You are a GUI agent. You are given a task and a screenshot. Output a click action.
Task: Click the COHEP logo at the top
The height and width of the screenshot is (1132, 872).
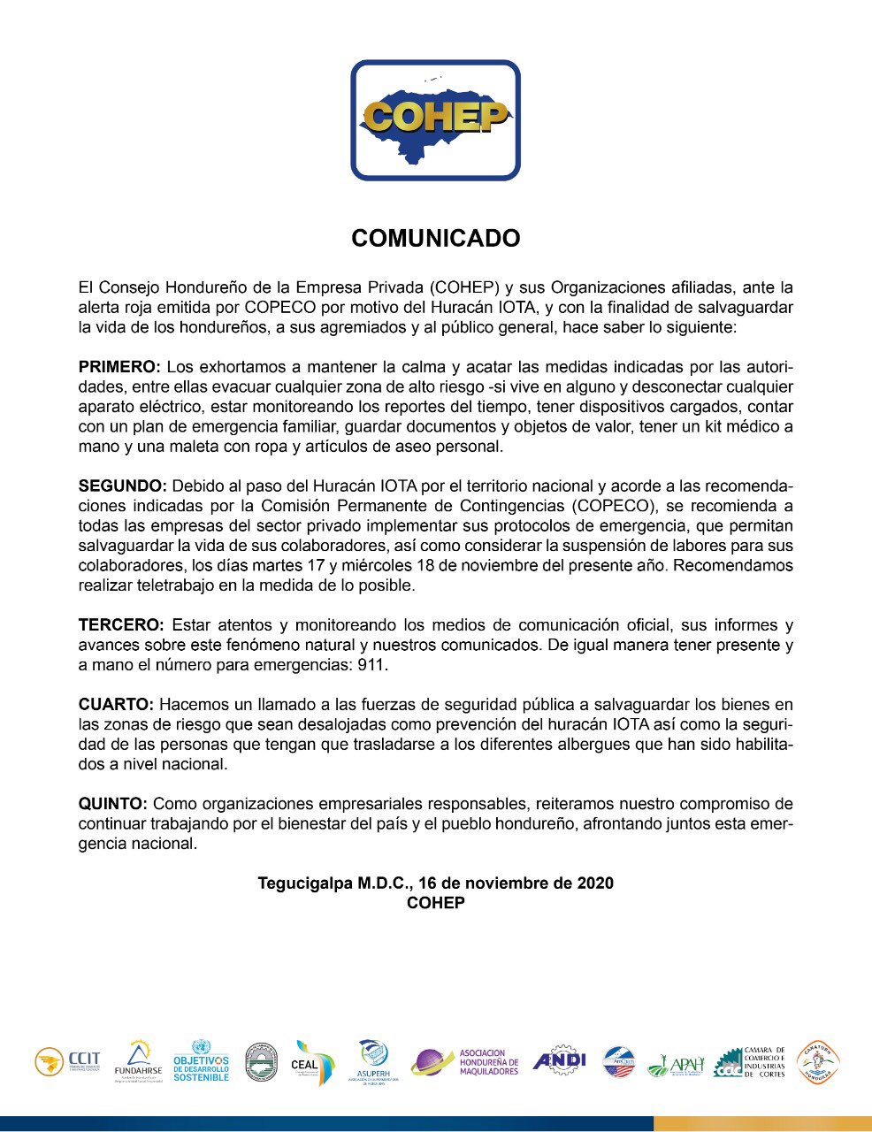tap(435, 120)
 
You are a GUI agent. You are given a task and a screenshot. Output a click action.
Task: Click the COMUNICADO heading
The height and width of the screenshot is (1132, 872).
tap(435, 239)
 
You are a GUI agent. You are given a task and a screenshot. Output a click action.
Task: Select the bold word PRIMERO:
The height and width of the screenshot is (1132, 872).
tap(119, 367)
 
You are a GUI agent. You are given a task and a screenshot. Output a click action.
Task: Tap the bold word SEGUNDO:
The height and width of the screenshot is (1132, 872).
tap(122, 486)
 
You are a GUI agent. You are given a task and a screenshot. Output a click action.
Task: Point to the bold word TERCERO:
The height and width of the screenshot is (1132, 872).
tap(121, 625)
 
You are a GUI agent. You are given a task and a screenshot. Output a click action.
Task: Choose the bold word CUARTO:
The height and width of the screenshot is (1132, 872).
tap(116, 705)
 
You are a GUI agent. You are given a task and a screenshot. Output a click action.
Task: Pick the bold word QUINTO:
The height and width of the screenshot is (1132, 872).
tap(112, 804)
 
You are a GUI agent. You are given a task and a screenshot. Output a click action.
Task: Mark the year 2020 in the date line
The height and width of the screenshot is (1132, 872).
tap(595, 883)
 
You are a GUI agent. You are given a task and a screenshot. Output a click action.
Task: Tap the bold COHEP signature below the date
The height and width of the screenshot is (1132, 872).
tap(435, 903)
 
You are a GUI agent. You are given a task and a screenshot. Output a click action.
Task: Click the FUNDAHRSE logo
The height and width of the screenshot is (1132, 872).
tap(139, 1061)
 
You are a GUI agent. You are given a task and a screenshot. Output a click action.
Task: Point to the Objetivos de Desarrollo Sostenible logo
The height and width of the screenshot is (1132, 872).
tap(201, 1061)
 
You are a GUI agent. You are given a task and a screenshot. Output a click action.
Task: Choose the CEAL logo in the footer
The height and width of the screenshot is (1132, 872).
tap(314, 1062)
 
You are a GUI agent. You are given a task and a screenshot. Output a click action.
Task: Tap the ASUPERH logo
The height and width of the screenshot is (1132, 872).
tap(372, 1061)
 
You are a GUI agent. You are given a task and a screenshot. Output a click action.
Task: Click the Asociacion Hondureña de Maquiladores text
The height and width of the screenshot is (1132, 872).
tap(488, 1062)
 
